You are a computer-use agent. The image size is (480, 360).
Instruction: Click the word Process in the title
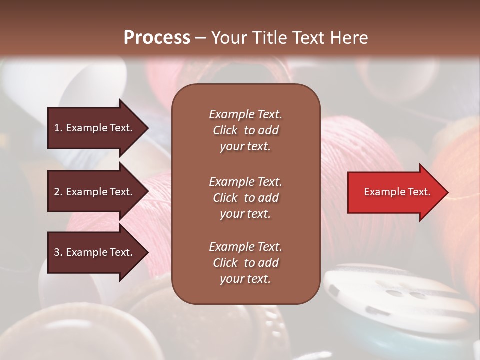(157, 38)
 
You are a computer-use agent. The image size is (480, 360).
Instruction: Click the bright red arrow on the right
(395, 192)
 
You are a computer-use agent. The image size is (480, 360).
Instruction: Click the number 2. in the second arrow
(58, 192)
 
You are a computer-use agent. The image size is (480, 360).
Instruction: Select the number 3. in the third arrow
(58, 252)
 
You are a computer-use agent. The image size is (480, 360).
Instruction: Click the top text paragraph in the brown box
(245, 130)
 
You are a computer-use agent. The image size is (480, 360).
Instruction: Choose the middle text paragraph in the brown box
(245, 198)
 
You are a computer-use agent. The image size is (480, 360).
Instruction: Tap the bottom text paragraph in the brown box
(245, 263)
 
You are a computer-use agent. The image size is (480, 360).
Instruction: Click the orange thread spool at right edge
(460, 200)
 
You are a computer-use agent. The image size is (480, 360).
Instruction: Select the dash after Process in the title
(200, 38)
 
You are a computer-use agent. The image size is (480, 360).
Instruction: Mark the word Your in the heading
(229, 38)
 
